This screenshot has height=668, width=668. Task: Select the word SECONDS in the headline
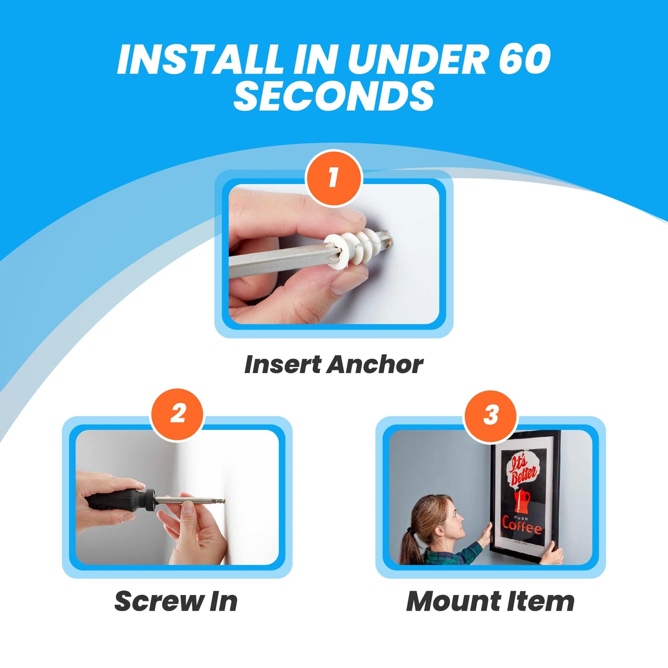tap(334, 96)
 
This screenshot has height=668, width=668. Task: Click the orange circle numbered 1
tap(334, 178)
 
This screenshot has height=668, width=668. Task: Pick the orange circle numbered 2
tap(178, 414)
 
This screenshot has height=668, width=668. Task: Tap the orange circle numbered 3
tap(491, 415)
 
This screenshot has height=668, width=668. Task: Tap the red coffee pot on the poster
tap(522, 500)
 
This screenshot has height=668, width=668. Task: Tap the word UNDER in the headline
tap(416, 60)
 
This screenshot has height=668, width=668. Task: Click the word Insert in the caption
tap(282, 365)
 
